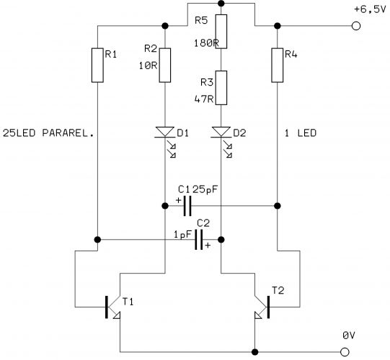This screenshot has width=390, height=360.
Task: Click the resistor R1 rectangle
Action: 97,65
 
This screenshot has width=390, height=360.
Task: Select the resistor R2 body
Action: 165,65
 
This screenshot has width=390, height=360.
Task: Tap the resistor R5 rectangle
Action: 221,31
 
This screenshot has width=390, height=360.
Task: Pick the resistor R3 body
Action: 221,88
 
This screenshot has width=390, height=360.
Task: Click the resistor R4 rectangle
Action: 277,65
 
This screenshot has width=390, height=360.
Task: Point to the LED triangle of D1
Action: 165,132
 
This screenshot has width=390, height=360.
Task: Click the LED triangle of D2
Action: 221,132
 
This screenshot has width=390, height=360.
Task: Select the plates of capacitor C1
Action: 187,206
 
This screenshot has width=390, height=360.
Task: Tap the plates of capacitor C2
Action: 199,240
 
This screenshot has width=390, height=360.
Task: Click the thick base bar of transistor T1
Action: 107,307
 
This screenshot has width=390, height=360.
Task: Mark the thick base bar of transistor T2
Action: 268,307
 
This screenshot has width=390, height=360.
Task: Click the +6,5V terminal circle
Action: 356,26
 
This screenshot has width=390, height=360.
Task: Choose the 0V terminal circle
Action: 345,352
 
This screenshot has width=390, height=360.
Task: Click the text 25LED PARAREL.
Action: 48,133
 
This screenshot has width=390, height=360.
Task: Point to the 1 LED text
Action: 301,133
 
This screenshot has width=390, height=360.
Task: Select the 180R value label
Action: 206,43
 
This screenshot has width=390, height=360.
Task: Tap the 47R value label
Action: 204,99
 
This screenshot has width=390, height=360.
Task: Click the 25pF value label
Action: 205,189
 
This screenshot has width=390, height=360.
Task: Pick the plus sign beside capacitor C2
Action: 208,246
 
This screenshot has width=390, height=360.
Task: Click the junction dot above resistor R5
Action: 221,3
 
